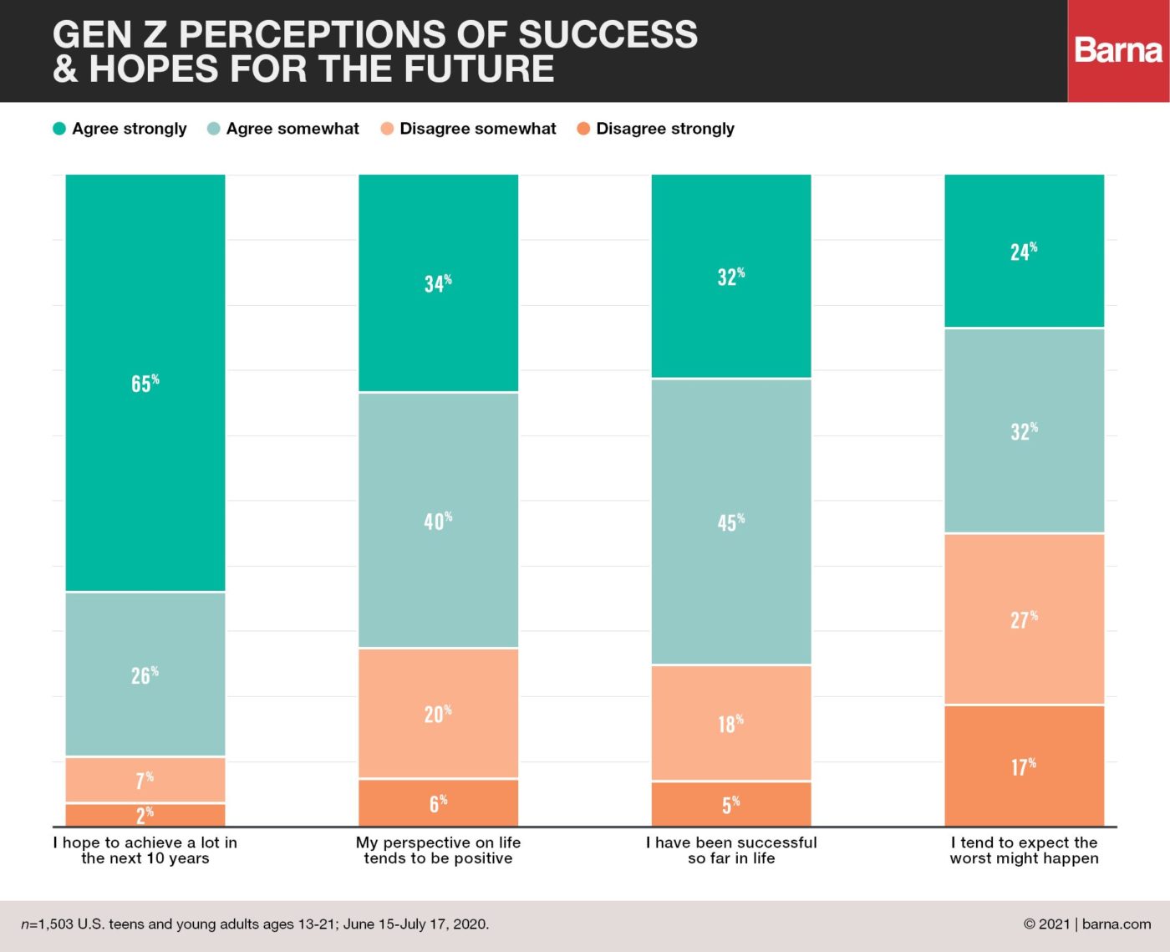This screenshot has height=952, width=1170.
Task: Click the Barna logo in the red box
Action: click(x=1118, y=50)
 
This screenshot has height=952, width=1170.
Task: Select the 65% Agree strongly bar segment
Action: click(x=145, y=382)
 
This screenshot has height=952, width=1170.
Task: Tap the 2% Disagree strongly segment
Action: click(x=145, y=815)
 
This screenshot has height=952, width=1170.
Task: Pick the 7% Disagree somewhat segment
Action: click(x=145, y=780)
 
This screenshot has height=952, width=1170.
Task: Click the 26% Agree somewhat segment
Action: click(x=145, y=675)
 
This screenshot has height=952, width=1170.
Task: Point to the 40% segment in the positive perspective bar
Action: click(x=439, y=520)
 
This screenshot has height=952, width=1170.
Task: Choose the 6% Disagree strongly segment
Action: click(x=439, y=802)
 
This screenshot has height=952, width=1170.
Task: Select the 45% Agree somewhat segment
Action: click(x=731, y=522)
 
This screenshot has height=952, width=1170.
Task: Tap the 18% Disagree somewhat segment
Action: click(x=731, y=723)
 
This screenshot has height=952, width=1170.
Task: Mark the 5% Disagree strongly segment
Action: click(x=731, y=804)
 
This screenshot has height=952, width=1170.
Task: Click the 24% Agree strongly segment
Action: click(x=1025, y=251)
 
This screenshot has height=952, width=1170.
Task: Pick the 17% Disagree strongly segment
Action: click(x=1025, y=766)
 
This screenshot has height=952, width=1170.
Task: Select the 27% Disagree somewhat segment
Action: click(x=1025, y=619)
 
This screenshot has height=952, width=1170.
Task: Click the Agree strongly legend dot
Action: click(x=59, y=129)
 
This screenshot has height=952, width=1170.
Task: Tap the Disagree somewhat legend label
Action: click(x=477, y=129)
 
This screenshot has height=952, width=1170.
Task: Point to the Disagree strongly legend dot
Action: click(x=583, y=129)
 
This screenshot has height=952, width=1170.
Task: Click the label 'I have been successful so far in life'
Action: click(x=731, y=850)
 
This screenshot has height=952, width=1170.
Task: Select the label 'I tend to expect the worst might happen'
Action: click(x=1025, y=850)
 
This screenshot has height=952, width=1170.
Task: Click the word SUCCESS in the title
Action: click(x=608, y=34)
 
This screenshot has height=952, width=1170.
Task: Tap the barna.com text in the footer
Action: click(x=1117, y=924)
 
